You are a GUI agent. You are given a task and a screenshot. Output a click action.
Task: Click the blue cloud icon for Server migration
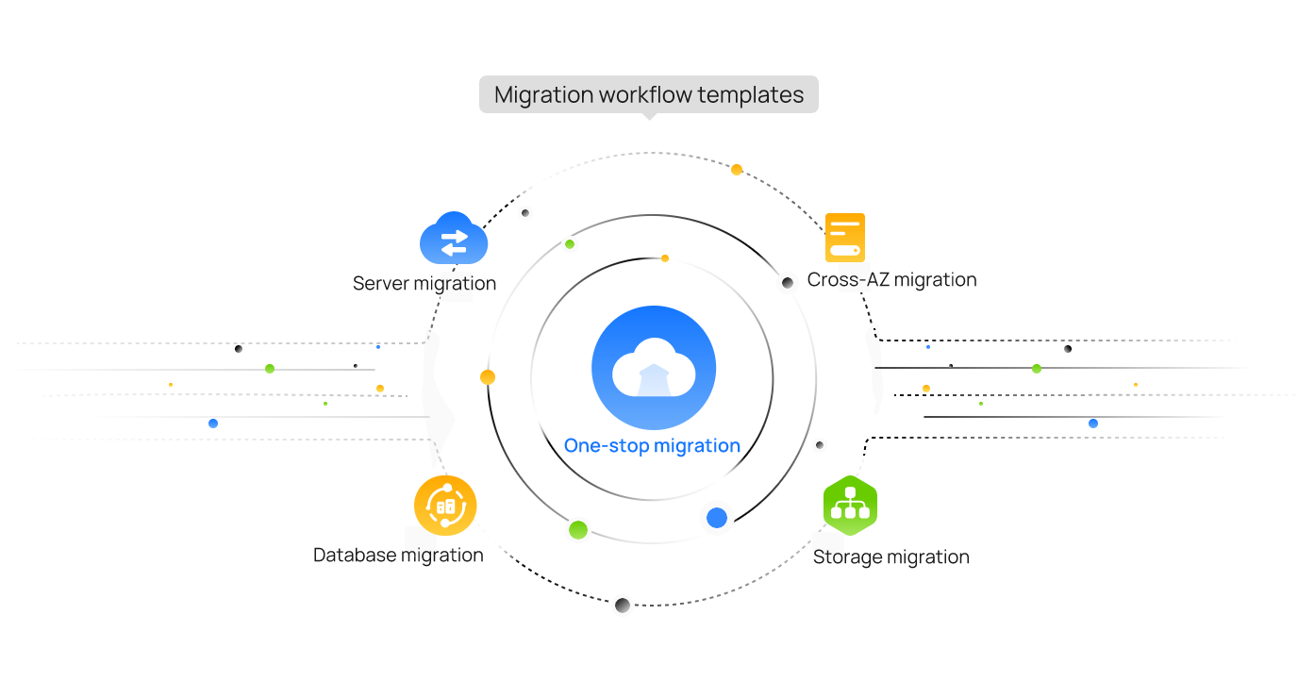pos(454,240)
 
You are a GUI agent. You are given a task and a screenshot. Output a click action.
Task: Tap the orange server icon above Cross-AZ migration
pos(844,238)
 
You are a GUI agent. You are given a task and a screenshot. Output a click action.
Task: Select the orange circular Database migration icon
pos(445,506)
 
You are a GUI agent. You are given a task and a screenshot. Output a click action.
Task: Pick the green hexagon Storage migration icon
pos(850,507)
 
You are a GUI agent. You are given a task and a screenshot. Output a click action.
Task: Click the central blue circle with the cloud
pos(654,367)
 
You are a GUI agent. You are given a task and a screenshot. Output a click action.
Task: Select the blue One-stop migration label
pos(652,446)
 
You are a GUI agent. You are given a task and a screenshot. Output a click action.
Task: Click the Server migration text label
pos(424,283)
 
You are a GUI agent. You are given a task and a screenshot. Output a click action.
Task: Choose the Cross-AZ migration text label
pos(891,280)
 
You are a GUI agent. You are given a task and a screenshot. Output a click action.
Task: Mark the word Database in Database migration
pos(355,555)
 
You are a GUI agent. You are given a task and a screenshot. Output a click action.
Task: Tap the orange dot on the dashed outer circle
pos(737,170)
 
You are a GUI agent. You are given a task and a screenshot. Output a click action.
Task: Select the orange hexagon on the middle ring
pos(488,377)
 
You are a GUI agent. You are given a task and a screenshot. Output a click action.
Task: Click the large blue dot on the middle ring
pos(717,518)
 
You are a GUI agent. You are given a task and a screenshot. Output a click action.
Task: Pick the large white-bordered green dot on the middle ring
pos(578,529)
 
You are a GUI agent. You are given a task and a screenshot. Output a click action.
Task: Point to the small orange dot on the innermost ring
pos(665,258)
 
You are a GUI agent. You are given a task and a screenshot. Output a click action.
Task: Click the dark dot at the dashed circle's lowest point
pos(623,606)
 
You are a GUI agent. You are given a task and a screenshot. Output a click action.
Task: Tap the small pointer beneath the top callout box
pos(649,117)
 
